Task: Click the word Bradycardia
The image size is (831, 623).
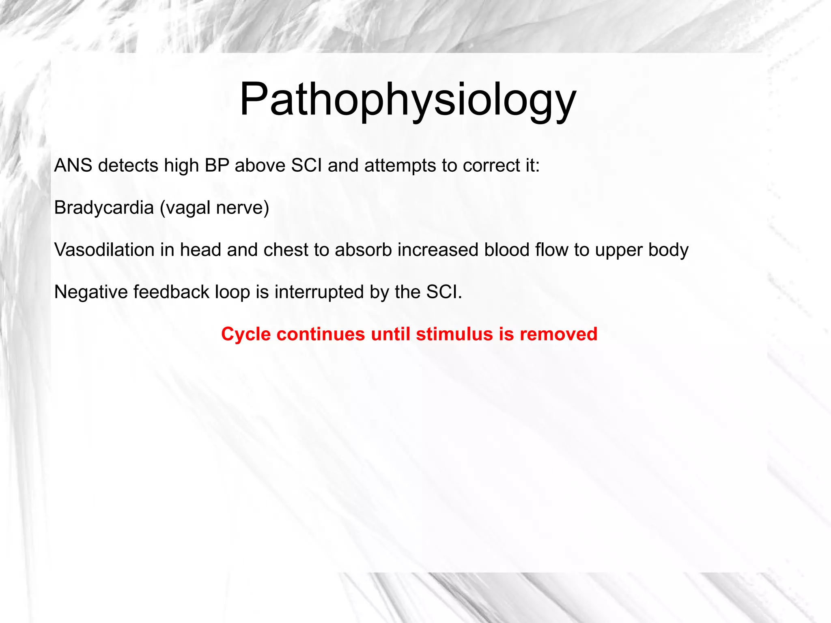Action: click(x=104, y=208)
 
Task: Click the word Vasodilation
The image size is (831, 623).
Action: click(x=104, y=250)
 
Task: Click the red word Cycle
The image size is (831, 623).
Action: click(x=246, y=334)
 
